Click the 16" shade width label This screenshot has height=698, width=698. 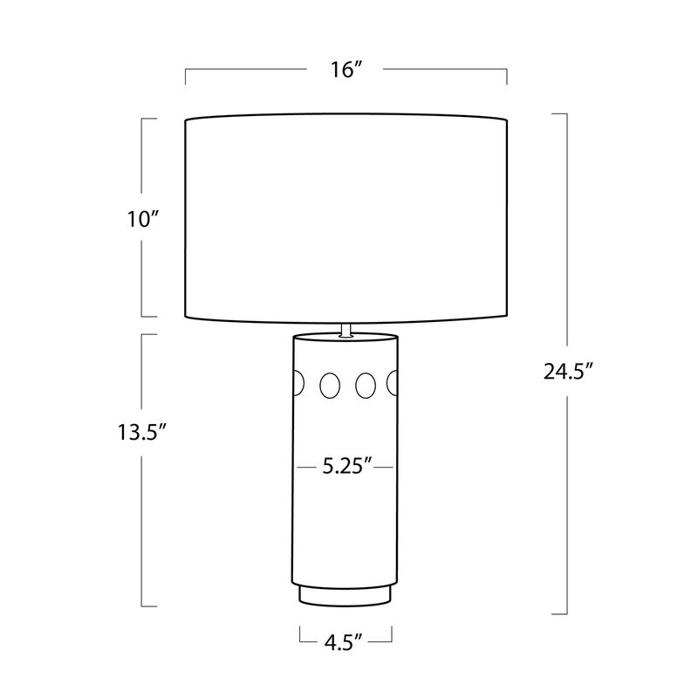tap(346, 70)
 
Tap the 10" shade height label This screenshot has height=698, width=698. tap(143, 220)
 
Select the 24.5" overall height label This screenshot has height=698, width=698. tap(569, 371)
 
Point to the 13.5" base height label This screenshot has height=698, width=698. tap(142, 432)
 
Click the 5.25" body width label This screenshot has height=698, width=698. tap(346, 467)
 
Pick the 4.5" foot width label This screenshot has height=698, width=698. tap(343, 643)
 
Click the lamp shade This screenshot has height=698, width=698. tap(346, 218)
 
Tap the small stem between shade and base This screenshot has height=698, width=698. tap(346, 330)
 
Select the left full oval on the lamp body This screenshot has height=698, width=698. tap(330, 385)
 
